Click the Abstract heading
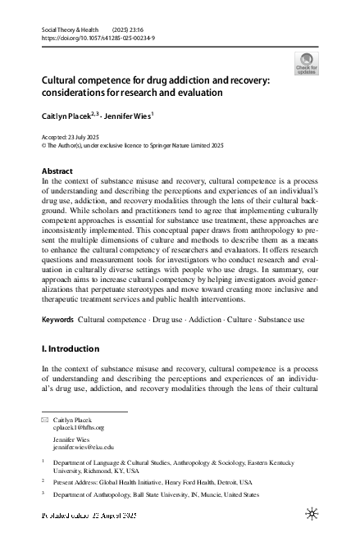click(57, 171)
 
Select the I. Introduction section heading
click(71, 348)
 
